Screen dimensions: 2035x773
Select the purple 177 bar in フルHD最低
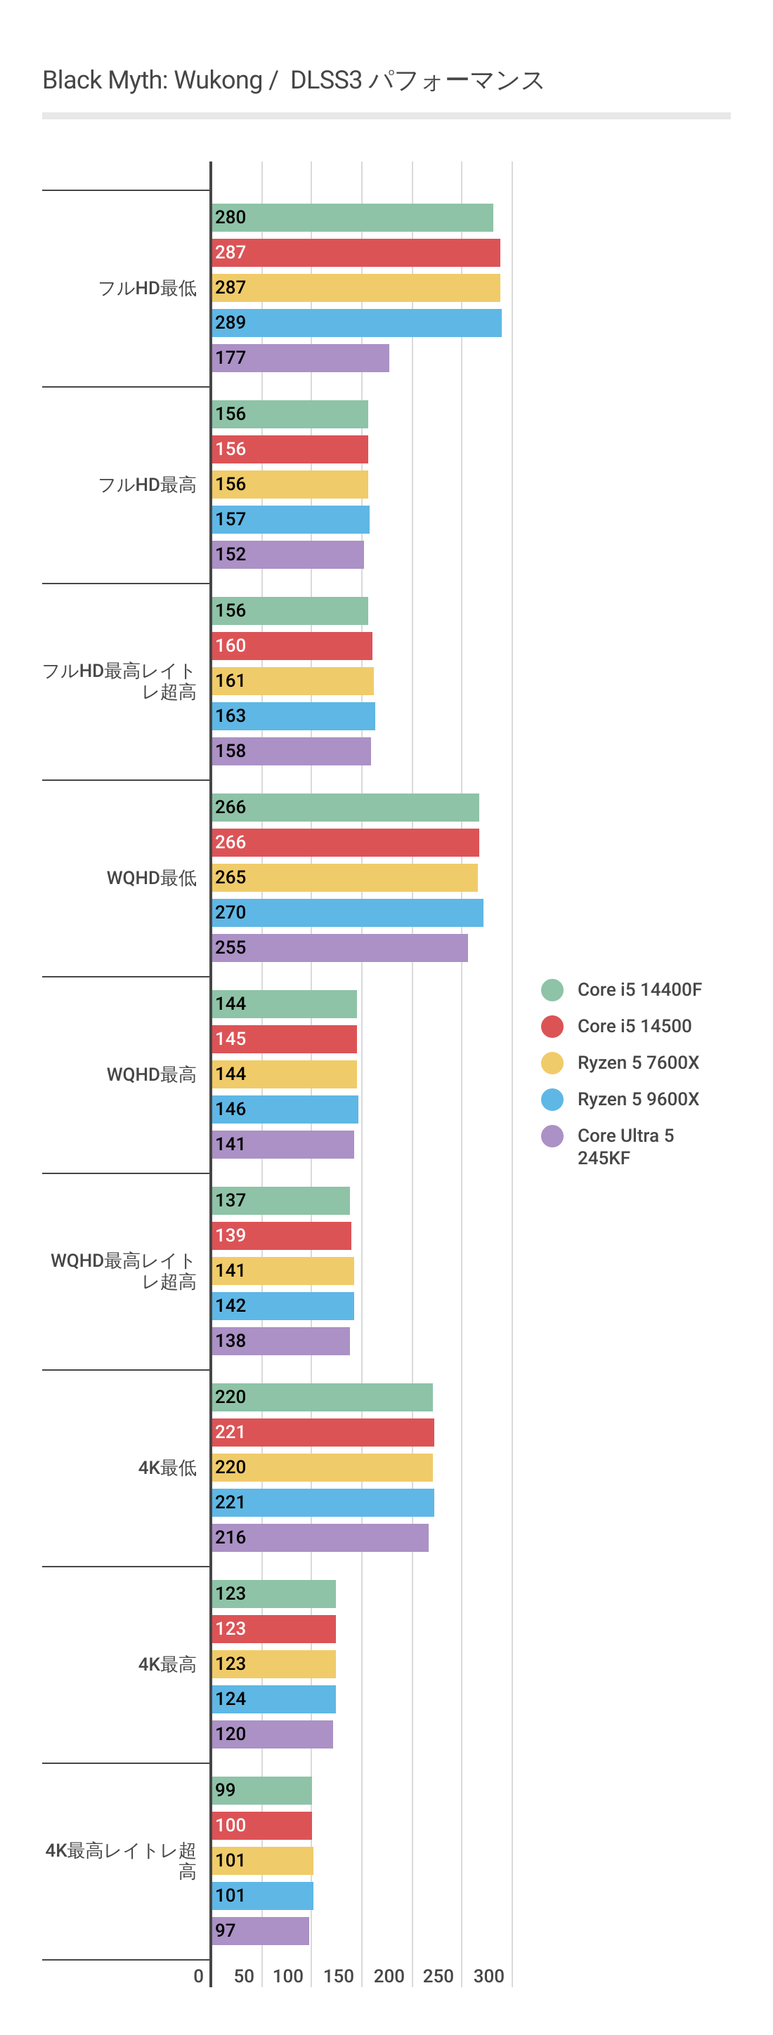[300, 358]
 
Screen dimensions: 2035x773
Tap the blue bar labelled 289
[356, 323]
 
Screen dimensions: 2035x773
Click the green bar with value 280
[353, 218]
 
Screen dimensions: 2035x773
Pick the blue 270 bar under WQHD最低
[348, 913]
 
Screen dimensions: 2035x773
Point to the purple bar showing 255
[340, 948]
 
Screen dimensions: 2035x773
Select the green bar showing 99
[261, 1791]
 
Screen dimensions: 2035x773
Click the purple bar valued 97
[260, 1932]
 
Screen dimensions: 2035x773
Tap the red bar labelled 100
[261, 1826]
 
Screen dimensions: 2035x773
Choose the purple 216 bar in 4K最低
[320, 1538]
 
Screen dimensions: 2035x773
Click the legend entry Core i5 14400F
[639, 990]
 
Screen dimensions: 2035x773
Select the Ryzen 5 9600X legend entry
[638, 1100]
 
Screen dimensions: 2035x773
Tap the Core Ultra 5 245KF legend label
[625, 1146]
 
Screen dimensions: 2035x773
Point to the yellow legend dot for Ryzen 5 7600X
[552, 1063]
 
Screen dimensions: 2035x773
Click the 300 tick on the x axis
[488, 1977]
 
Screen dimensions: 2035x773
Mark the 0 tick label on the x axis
[198, 1977]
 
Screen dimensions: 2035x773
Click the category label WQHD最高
[151, 1074]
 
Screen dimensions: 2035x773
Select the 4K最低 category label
[167, 1468]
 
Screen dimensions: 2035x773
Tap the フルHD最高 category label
[147, 485]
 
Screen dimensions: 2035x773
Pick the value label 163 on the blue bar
[230, 716]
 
